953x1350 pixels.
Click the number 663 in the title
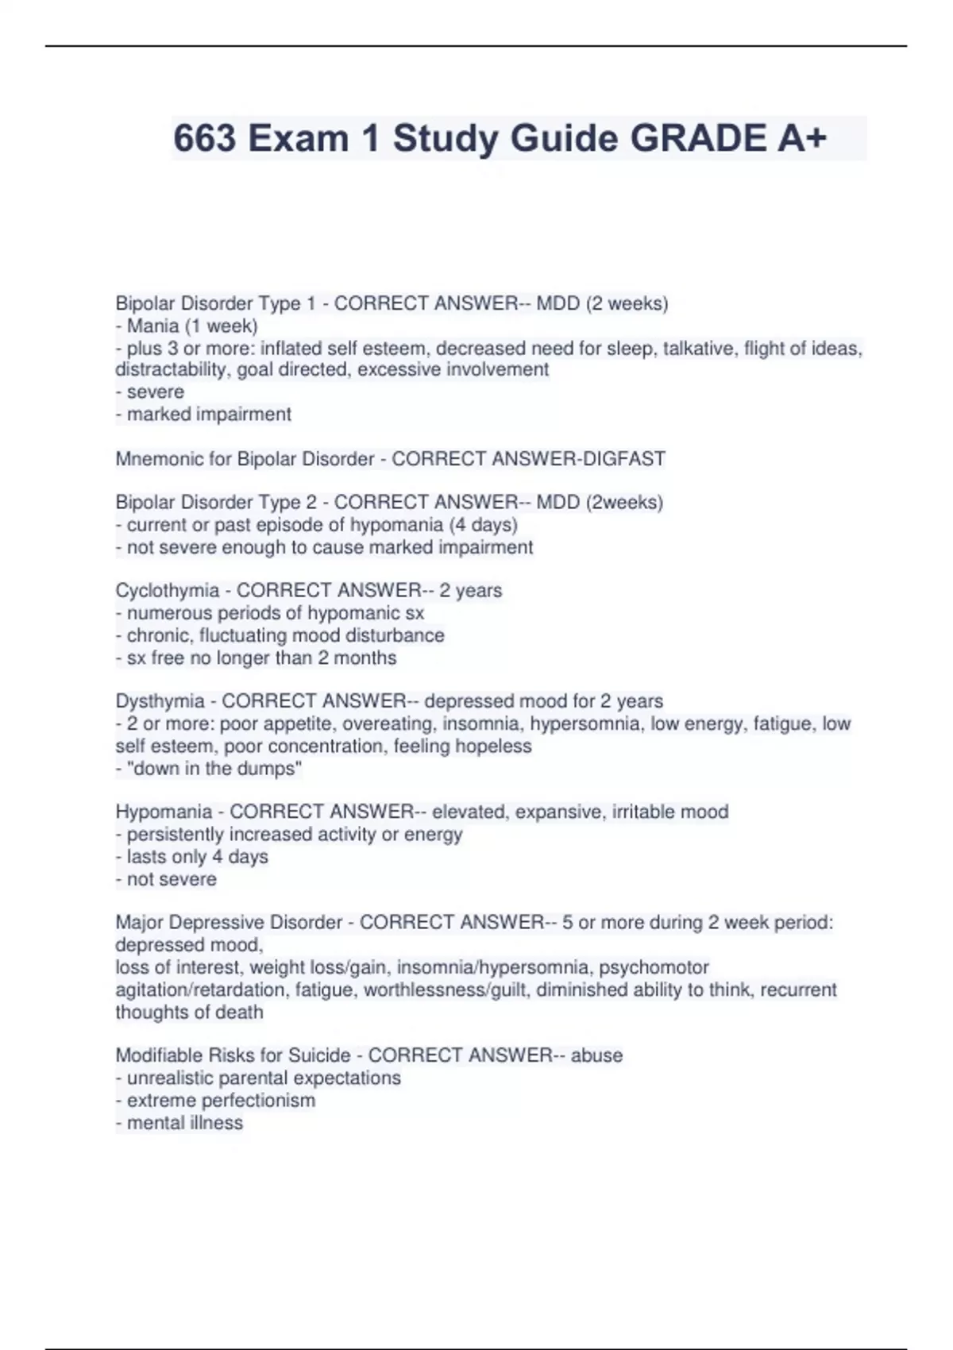205,139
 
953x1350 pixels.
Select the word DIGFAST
624,459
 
